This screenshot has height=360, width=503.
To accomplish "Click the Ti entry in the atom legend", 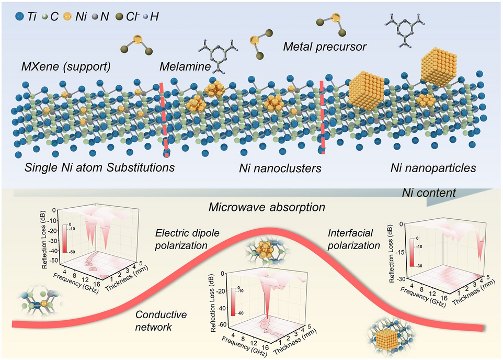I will [27, 16].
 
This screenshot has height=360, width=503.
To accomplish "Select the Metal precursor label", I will [324, 47].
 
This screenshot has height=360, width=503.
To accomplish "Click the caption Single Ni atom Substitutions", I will [98, 169].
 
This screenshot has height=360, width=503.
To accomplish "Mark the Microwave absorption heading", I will [267, 207].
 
